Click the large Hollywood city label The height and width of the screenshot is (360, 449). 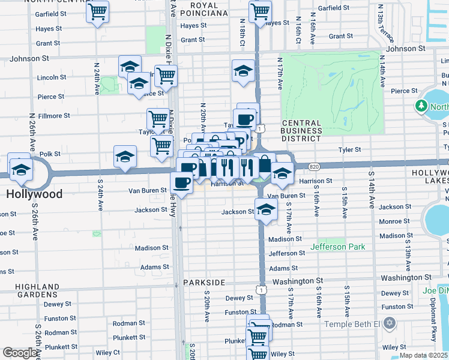click(34, 194)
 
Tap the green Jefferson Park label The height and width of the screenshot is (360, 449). click(337, 247)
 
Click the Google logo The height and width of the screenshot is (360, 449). click(20, 353)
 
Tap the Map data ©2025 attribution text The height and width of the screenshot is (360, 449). click(423, 355)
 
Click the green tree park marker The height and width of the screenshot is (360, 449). click(421, 106)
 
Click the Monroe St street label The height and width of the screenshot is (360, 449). click(394, 221)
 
